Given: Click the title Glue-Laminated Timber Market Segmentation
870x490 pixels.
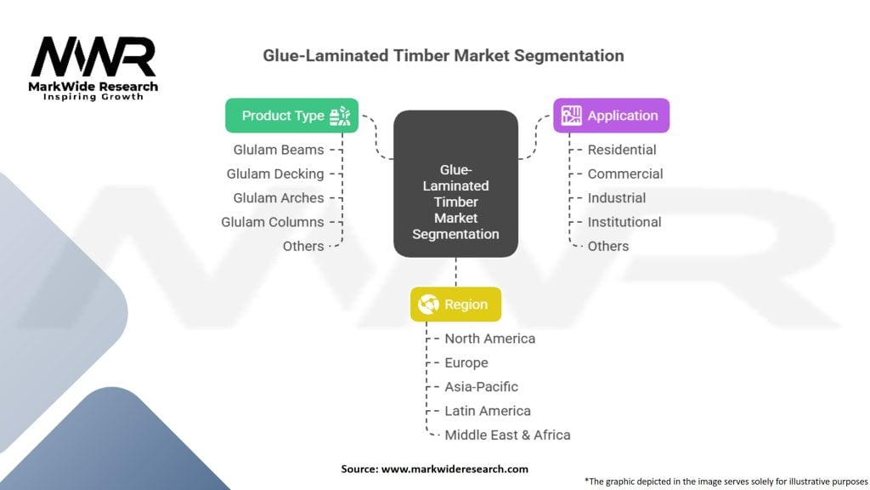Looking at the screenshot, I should (x=443, y=56).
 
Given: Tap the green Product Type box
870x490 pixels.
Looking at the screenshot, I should (x=291, y=116).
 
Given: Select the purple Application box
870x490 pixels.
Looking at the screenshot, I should (x=611, y=116).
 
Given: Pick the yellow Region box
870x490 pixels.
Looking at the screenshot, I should (x=455, y=305).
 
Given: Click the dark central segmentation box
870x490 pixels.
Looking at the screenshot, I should (x=455, y=184).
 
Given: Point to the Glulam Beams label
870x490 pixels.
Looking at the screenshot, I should (x=279, y=150).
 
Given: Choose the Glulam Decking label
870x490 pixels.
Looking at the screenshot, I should (x=275, y=174).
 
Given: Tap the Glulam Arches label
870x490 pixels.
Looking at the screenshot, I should (x=279, y=197).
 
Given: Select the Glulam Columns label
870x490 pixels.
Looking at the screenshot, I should (x=273, y=222).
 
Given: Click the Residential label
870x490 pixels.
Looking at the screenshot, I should (x=622, y=150).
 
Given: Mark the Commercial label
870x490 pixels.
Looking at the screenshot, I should (x=625, y=174).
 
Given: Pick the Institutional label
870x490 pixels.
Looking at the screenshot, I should (x=624, y=222).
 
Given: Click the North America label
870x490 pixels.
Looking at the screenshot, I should (x=490, y=339).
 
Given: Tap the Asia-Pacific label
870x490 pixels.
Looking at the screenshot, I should (x=481, y=386).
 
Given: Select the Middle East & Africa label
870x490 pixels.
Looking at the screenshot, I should (x=507, y=435).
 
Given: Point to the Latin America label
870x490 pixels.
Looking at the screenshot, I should (x=488, y=411).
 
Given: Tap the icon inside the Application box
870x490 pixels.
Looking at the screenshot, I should (x=571, y=116).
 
